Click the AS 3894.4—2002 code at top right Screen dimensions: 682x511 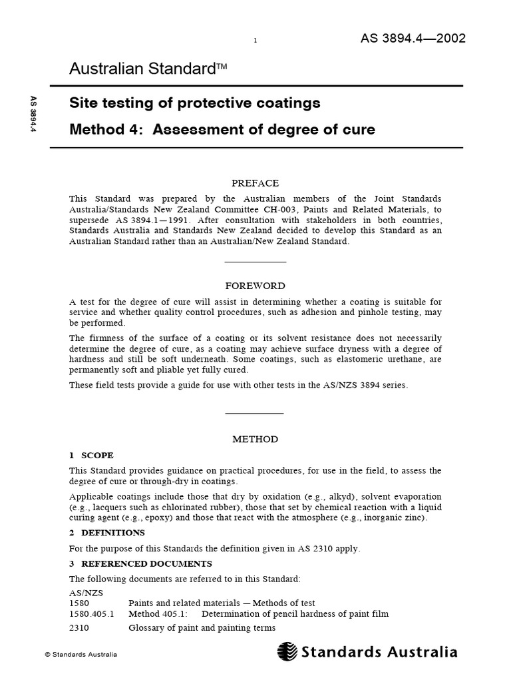[413, 38]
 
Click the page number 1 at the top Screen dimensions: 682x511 [255, 41]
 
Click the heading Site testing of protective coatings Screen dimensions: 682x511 [195, 103]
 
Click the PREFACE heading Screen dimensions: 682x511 [255, 183]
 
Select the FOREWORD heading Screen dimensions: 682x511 [255, 286]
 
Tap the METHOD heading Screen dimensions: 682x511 [255, 440]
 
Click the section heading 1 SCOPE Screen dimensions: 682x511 [92, 456]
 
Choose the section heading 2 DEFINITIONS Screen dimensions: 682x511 [106, 533]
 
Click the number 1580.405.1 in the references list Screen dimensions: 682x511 [92, 614]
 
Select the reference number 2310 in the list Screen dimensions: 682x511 [79, 628]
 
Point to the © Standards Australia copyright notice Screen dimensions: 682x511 [81, 655]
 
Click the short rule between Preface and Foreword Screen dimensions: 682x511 [255, 262]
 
